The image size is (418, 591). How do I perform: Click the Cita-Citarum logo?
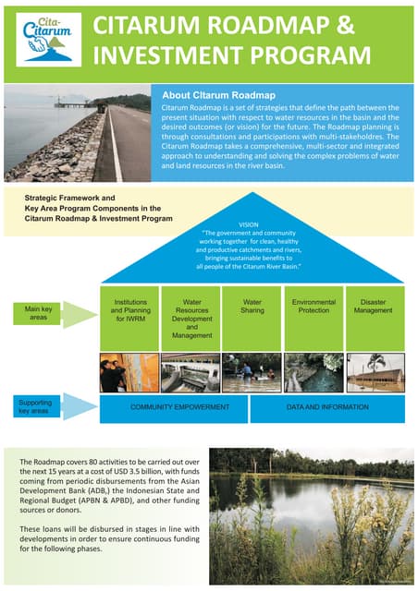tap(43, 40)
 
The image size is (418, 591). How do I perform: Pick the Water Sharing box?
tap(252, 307)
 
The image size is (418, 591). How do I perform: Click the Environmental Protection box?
tap(313, 307)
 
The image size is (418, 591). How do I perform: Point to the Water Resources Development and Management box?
tap(191, 319)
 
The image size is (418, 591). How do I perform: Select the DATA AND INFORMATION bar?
tap(326, 406)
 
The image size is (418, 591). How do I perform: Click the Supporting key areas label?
tap(37, 405)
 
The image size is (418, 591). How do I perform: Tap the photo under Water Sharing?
tap(252, 372)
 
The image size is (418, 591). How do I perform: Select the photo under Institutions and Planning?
tap(129, 372)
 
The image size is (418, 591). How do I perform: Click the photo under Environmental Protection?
tap(313, 372)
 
